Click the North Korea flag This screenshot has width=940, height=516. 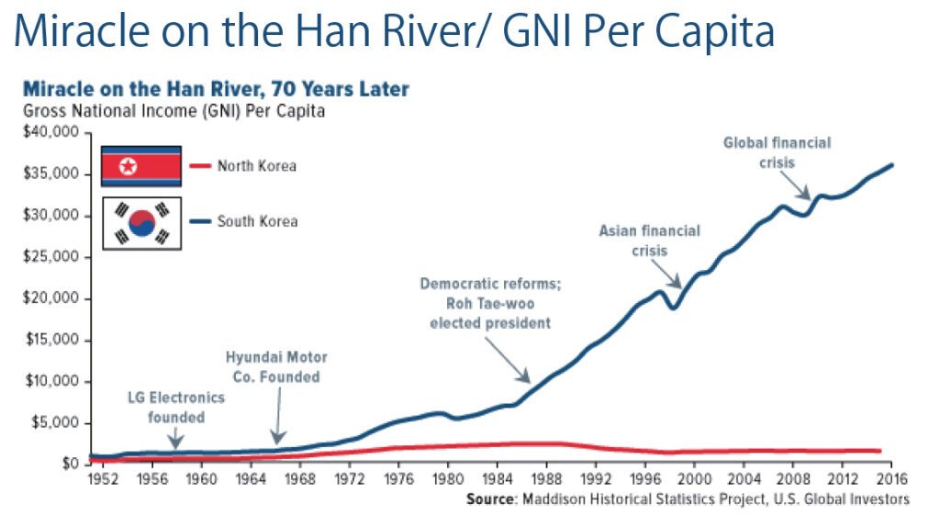[x=140, y=166]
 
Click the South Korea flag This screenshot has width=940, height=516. [x=140, y=221]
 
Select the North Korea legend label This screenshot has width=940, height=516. [x=257, y=166]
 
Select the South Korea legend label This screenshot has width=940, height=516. [x=257, y=221]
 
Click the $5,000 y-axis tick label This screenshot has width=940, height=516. [x=59, y=423]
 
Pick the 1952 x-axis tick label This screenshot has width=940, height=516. [x=103, y=479]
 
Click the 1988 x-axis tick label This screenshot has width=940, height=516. [x=545, y=479]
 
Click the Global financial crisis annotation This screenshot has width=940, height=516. [x=777, y=151]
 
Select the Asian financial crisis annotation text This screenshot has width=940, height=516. [x=649, y=240]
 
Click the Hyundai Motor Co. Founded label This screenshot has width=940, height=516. [x=275, y=366]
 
